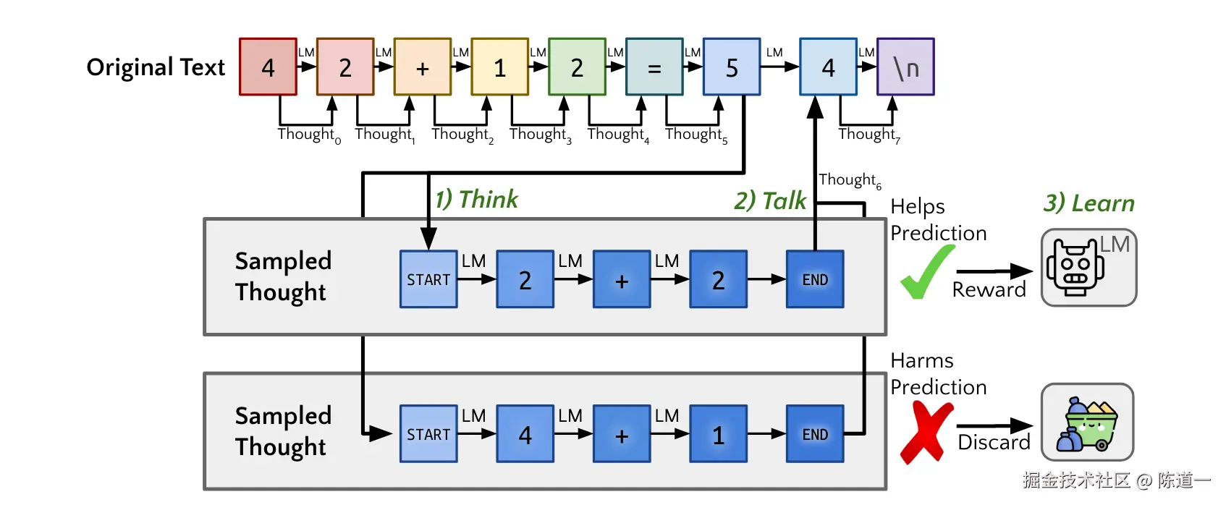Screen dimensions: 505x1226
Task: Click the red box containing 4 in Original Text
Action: [x=268, y=67]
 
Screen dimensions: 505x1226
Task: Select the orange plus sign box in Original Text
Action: [x=423, y=67]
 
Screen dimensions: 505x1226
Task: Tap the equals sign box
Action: [x=654, y=67]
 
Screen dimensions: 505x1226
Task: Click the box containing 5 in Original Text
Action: [x=732, y=67]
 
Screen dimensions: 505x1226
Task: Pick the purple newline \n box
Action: [x=905, y=67]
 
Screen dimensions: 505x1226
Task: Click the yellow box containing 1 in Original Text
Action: [x=499, y=67]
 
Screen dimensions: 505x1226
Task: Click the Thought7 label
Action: [x=868, y=135]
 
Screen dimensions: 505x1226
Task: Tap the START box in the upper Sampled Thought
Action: [x=428, y=279]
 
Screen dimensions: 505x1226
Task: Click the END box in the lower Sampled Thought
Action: [x=815, y=434]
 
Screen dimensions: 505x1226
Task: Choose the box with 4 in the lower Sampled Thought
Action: [x=525, y=434]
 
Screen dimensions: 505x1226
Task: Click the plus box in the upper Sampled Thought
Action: [x=622, y=279]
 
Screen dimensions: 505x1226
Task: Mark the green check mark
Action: [x=926, y=273]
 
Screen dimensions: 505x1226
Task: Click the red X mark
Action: [x=926, y=432]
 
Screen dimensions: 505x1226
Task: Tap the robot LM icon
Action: [x=1088, y=268]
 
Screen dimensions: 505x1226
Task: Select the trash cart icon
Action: [x=1087, y=423]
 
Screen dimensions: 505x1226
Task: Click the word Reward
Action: [x=989, y=290]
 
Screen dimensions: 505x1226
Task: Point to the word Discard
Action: [x=994, y=442]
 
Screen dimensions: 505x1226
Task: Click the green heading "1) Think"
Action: [x=476, y=200]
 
